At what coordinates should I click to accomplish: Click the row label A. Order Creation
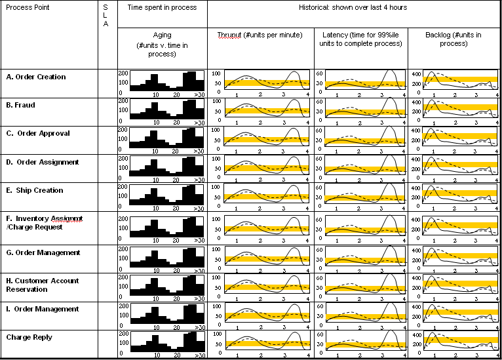[36, 77]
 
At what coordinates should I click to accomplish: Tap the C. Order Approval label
[37, 133]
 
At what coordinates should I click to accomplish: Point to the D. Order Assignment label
[43, 162]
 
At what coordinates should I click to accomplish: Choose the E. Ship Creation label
[35, 190]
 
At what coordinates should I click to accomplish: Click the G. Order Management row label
[43, 252]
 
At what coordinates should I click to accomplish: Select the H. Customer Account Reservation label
[43, 285]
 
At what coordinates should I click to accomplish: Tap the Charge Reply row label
[29, 337]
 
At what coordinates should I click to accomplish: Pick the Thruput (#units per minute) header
[260, 34]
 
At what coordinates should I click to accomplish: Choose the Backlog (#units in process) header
[453, 39]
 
